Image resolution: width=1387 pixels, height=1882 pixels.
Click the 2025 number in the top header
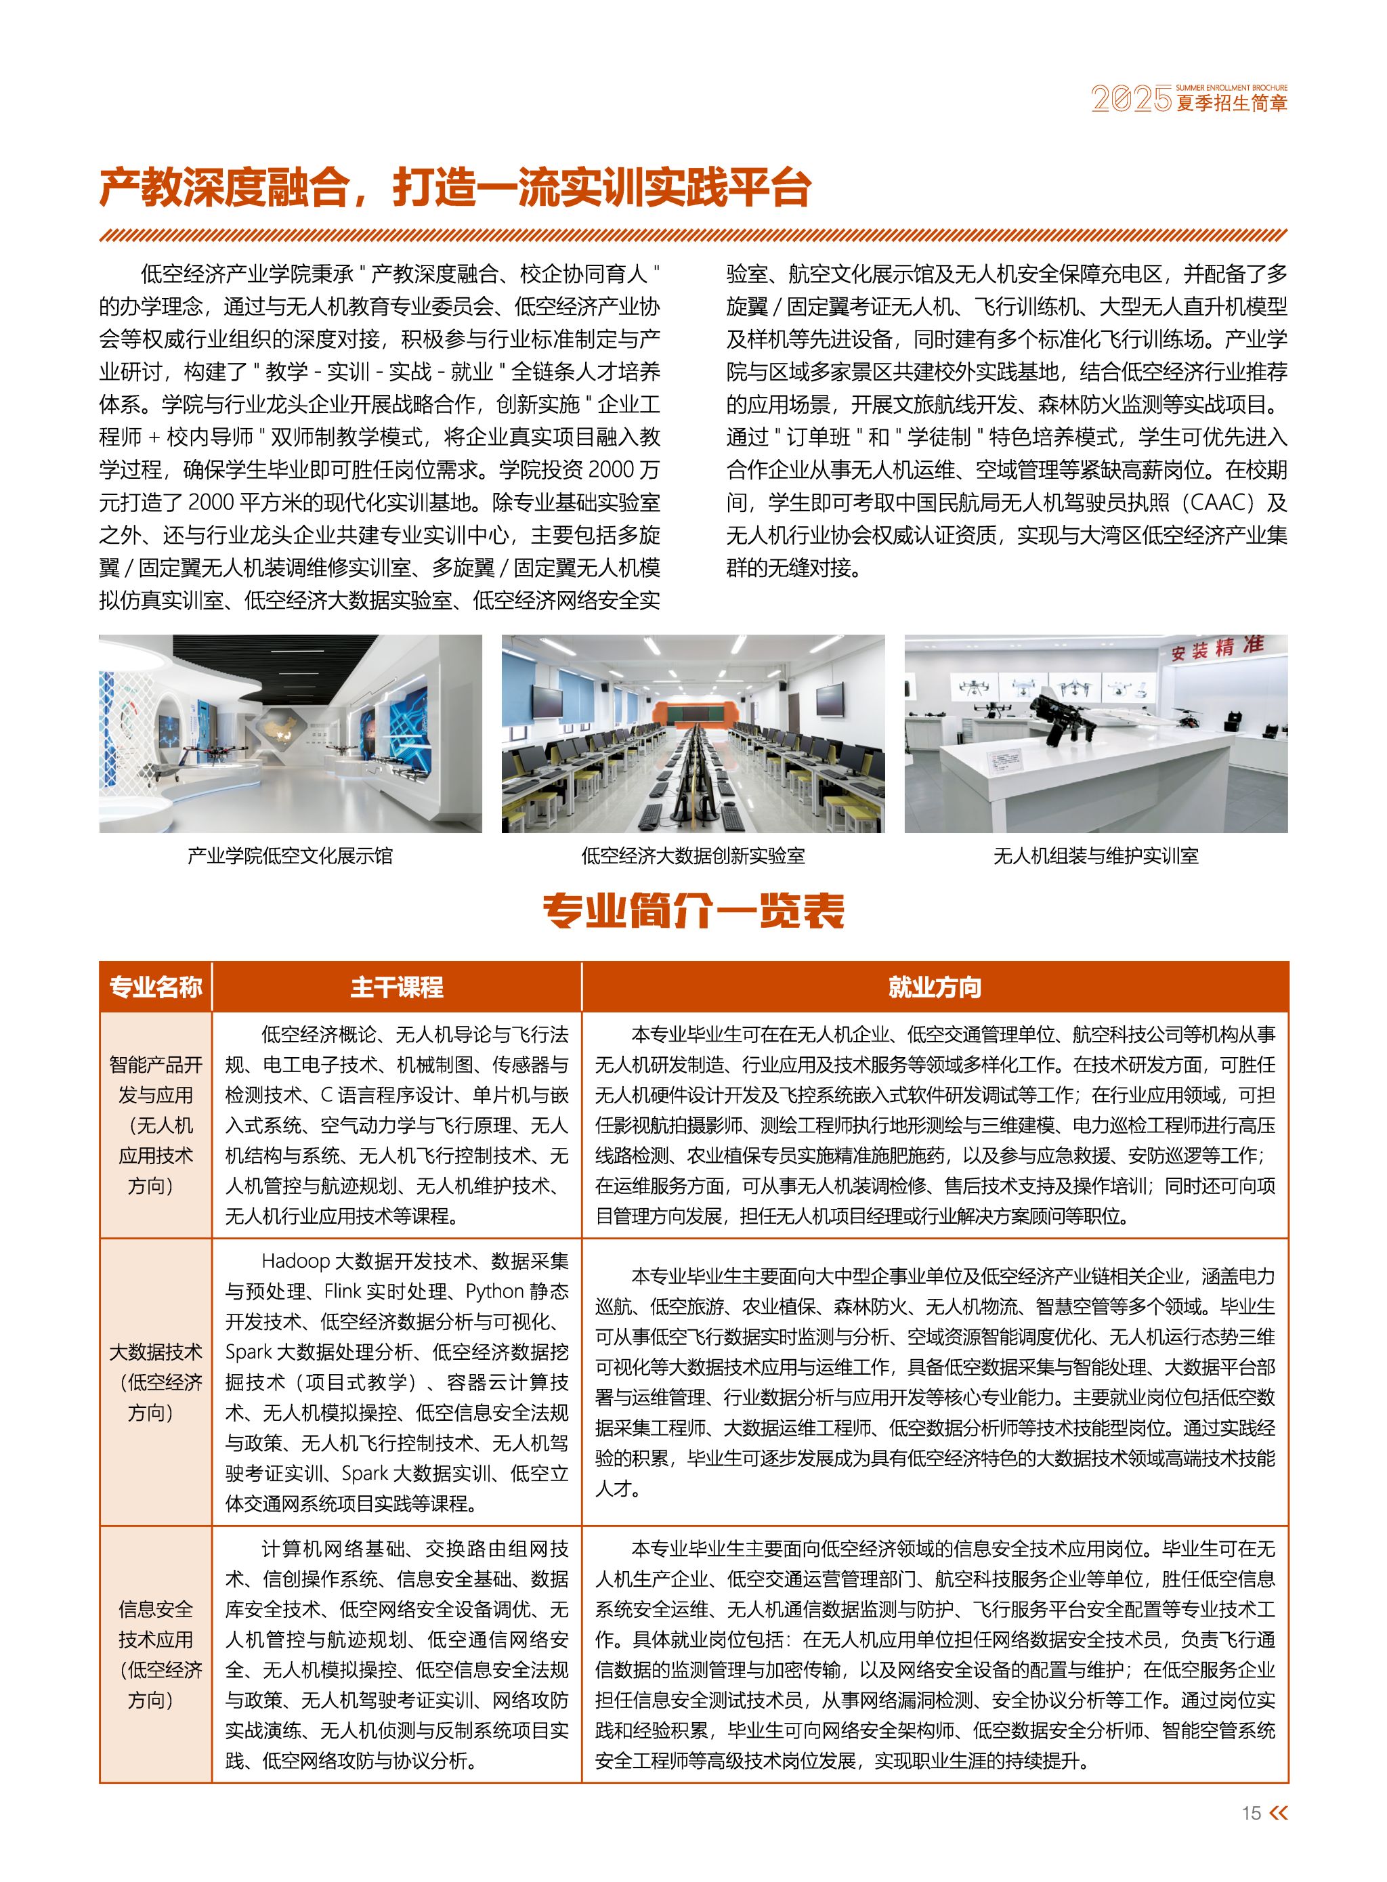click(1131, 99)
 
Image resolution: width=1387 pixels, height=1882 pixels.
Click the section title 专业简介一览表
click(693, 911)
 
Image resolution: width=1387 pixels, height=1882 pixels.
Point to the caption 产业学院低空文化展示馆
click(290, 855)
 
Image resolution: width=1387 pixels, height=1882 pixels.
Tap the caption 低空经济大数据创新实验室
click(693, 855)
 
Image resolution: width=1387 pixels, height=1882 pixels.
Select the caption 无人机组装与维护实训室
click(1096, 855)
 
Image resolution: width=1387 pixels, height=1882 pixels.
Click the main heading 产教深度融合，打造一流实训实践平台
click(454, 187)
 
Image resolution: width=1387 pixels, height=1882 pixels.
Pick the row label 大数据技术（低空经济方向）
click(155, 1382)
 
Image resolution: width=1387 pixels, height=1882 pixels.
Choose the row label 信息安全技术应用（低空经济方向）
click(155, 1654)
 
